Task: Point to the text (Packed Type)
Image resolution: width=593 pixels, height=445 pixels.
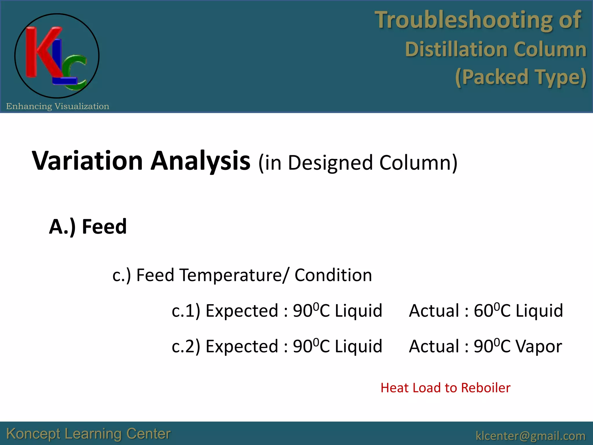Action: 520,77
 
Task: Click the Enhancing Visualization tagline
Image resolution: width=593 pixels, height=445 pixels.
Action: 58,106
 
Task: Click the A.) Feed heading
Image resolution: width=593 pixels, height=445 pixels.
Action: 88,227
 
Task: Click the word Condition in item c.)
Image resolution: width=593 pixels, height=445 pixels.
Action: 333,275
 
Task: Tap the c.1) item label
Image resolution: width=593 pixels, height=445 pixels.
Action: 186,311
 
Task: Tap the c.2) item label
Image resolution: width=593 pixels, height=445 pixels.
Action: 186,346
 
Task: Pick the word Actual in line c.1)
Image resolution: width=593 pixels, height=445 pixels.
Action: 434,311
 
